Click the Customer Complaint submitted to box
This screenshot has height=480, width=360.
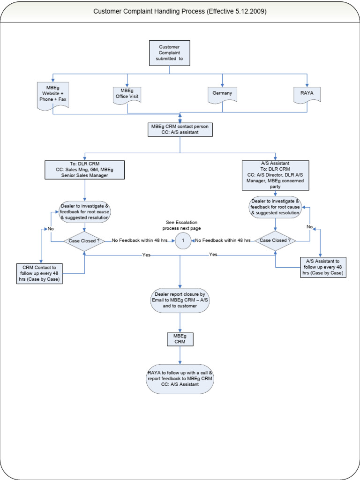[170, 53]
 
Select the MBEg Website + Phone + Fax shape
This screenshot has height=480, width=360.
[53, 96]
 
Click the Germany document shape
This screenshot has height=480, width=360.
[222, 94]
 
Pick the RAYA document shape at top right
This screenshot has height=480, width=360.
[307, 94]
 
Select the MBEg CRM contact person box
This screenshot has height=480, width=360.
[180, 129]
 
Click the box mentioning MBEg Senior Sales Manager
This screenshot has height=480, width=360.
[85, 170]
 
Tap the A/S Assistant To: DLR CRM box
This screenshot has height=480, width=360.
[275, 175]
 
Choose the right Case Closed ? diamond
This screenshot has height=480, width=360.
[275, 240]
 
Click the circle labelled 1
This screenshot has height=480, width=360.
[183, 241]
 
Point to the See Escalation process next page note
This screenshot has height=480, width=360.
[183, 225]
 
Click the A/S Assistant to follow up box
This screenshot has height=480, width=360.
[322, 267]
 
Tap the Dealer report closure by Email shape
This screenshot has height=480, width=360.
[180, 300]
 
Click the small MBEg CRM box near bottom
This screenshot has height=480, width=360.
[180, 339]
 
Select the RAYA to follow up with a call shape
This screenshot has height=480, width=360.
[180, 378]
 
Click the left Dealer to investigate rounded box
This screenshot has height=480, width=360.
[85, 212]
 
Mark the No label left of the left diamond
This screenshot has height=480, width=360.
[50, 229]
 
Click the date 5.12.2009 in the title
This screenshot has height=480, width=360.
[251, 11]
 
